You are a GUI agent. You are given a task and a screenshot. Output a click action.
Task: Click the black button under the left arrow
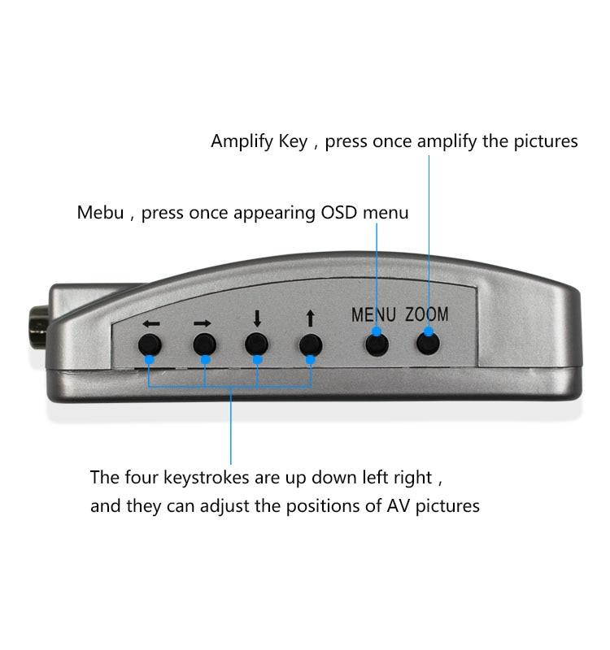[x=150, y=344]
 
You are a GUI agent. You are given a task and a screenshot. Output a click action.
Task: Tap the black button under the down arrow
[x=257, y=344]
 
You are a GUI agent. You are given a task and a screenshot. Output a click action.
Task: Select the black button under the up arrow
[x=309, y=344]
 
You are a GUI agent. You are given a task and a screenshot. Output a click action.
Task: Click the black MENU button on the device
[x=376, y=344]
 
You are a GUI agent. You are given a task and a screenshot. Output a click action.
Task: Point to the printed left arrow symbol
[x=150, y=323]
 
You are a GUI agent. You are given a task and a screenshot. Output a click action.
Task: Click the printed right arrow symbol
[x=203, y=323]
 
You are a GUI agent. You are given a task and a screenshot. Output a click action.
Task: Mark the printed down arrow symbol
[x=257, y=319]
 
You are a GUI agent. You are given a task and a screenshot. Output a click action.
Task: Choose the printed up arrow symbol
[x=309, y=319]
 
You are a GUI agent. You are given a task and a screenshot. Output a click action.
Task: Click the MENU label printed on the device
[x=373, y=314]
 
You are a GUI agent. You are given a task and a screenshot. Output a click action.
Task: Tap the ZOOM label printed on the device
[x=427, y=314]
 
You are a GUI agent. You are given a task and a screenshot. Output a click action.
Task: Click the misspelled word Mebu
[x=100, y=213]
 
